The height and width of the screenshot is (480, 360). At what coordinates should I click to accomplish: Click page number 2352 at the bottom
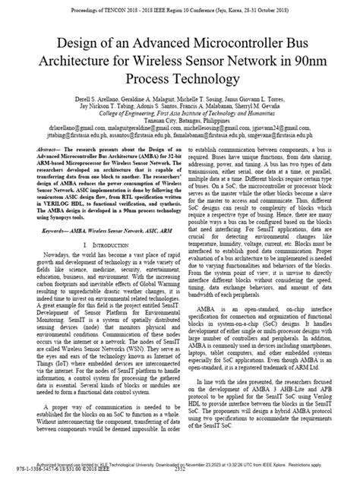tap(180, 475)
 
